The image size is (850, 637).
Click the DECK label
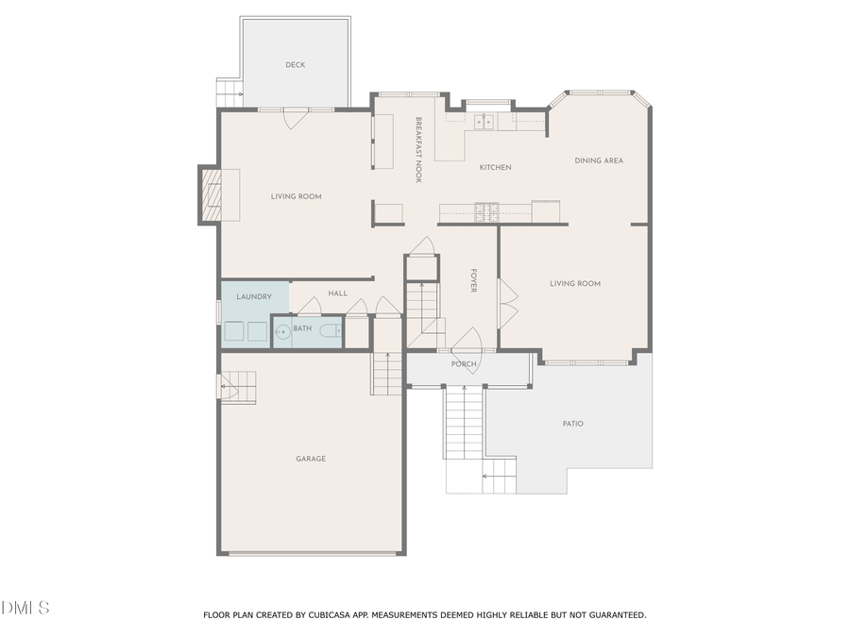pos(296,65)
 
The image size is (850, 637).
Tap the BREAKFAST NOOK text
pos(417,150)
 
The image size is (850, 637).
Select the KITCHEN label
pos(495,168)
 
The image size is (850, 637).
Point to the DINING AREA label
pos(599,161)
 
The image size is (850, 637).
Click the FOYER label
pos(474,281)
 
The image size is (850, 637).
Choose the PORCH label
pos(464,364)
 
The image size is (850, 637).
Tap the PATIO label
pos(572,424)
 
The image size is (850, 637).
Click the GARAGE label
pos(311,459)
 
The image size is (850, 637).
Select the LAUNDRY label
pos(254,297)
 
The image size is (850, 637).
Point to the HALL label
pos(338,293)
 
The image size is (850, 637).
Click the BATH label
pos(302,328)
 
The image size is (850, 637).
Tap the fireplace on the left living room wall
pos(212,194)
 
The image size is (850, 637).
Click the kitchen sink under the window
pos(484,121)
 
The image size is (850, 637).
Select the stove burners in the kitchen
pos(485,212)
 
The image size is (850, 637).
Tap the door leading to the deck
pos(296,117)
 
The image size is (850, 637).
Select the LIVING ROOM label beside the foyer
pos(575,284)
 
